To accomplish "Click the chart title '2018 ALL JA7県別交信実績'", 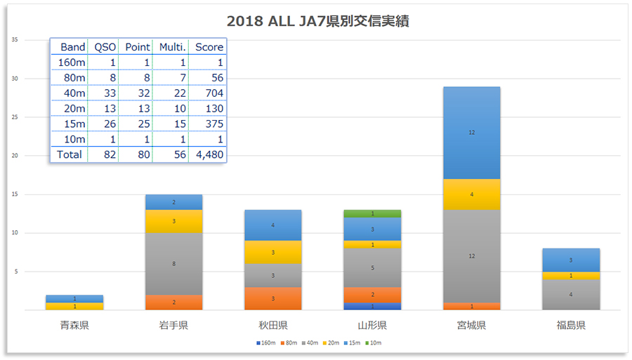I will [318, 21].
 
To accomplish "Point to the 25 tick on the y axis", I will [15, 117].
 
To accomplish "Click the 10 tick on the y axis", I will [15, 233].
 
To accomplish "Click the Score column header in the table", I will [209, 47].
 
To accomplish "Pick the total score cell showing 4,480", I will [209, 154].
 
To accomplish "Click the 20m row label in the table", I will [73, 108].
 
